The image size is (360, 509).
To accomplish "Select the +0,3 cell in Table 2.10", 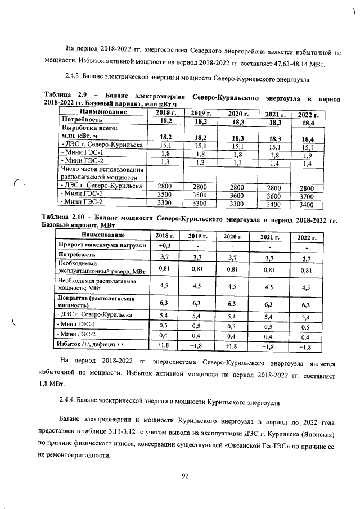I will pos(165,245).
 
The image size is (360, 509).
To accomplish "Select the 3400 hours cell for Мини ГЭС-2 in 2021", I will pos(274,204).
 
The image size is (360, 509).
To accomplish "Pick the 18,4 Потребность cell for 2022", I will pos(307,122).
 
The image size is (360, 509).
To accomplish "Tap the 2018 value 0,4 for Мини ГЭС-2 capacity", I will pos(165,336).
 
